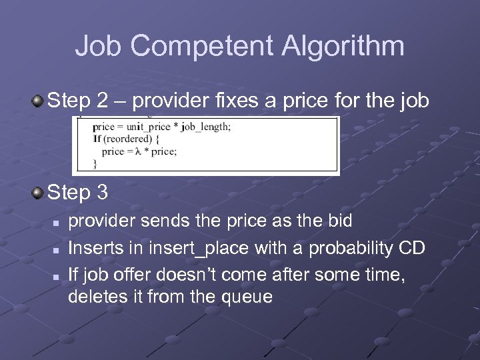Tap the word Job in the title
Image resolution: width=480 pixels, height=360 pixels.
click(99, 47)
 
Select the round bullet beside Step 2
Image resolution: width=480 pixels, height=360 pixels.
click(39, 101)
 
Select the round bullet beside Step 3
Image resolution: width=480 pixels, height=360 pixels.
click(39, 193)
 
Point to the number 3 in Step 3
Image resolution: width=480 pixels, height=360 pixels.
click(103, 193)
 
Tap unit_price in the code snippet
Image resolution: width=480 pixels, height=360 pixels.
click(144, 127)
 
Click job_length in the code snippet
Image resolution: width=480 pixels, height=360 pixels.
click(203, 127)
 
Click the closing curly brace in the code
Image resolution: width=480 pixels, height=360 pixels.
click(95, 162)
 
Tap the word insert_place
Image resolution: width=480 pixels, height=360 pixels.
click(188, 249)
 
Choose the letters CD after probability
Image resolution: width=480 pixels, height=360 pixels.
click(411, 249)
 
